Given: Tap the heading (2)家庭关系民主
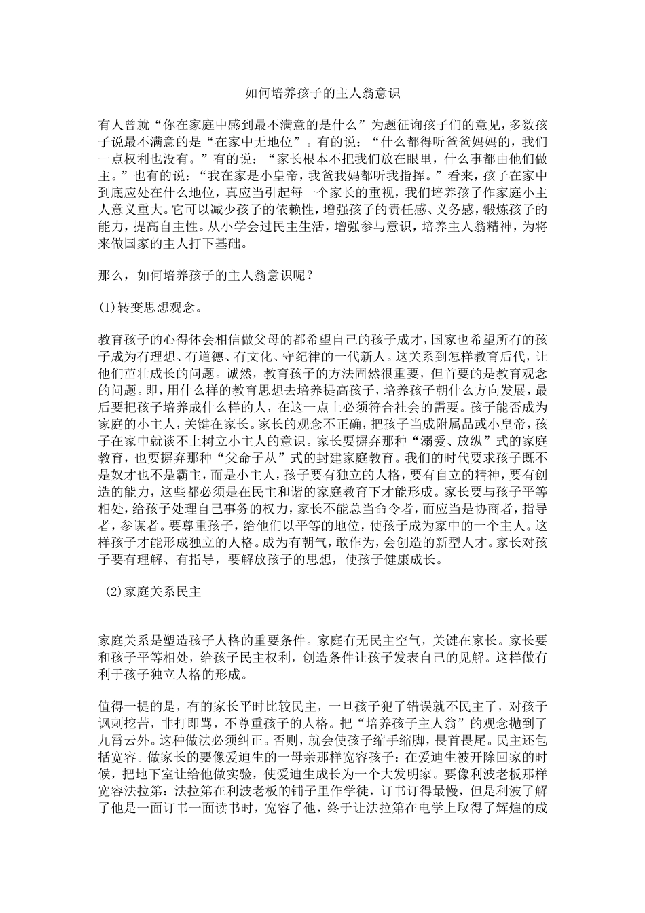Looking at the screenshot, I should tap(153, 592).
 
